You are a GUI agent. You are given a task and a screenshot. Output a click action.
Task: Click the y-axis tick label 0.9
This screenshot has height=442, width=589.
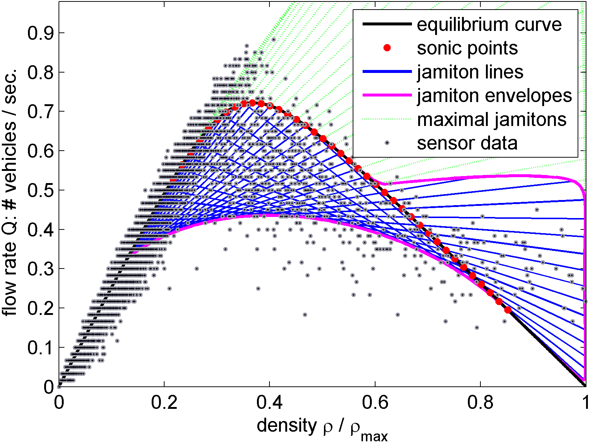(x=40, y=33)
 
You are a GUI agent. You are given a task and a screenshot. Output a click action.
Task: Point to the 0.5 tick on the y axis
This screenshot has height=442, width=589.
(x=40, y=190)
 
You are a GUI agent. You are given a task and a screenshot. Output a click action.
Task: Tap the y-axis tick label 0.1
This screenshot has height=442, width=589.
(x=40, y=348)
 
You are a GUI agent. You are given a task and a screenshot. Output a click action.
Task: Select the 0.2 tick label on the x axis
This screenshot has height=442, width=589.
(x=164, y=403)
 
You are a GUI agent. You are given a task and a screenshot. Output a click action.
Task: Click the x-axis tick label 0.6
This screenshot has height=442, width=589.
(x=375, y=403)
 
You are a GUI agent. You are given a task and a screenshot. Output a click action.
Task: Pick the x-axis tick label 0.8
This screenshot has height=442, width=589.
(x=480, y=403)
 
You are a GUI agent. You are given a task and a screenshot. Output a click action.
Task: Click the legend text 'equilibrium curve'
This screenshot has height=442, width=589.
(x=489, y=25)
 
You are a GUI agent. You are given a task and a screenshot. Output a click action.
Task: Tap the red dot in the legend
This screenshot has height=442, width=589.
(x=387, y=48)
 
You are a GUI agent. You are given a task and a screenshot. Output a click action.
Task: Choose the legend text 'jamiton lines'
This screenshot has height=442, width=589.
(x=470, y=72)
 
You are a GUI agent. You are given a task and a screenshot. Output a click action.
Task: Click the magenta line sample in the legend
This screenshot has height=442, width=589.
(x=387, y=95)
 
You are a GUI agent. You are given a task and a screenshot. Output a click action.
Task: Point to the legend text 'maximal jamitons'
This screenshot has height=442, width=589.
(x=491, y=119)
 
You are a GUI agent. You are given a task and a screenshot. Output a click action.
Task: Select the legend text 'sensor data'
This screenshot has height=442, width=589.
(x=467, y=143)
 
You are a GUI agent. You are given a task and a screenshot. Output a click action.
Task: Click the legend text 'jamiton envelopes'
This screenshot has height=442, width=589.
(x=494, y=96)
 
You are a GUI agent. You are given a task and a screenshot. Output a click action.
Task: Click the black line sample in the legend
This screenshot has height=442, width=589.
(x=387, y=24)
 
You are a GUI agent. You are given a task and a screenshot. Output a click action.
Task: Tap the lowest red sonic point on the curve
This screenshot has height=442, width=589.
(x=508, y=310)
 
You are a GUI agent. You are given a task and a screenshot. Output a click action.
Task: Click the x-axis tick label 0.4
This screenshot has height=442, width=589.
(x=269, y=403)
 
